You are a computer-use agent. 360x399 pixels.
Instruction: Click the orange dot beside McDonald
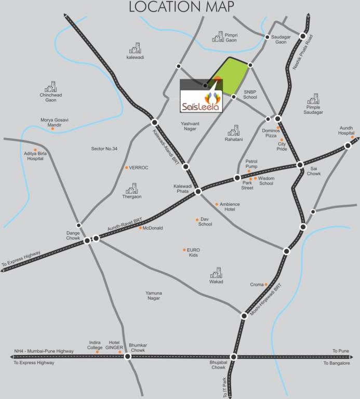pyautogui.click(x=140, y=228)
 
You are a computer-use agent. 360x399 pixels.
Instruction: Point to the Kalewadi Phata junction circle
pyautogui.click(x=198, y=192)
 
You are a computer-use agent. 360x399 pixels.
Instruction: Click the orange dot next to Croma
pyautogui.click(x=266, y=285)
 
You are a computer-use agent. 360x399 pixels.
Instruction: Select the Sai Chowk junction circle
pyautogui.click(x=300, y=165)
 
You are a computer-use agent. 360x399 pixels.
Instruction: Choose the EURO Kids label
pyautogui.click(x=193, y=252)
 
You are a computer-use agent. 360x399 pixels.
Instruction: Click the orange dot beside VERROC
pyautogui.click(x=126, y=167)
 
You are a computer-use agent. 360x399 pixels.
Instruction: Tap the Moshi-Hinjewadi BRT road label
pyautogui.click(x=265, y=301)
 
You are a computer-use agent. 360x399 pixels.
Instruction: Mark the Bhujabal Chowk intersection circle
pyautogui.click(x=234, y=356)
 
